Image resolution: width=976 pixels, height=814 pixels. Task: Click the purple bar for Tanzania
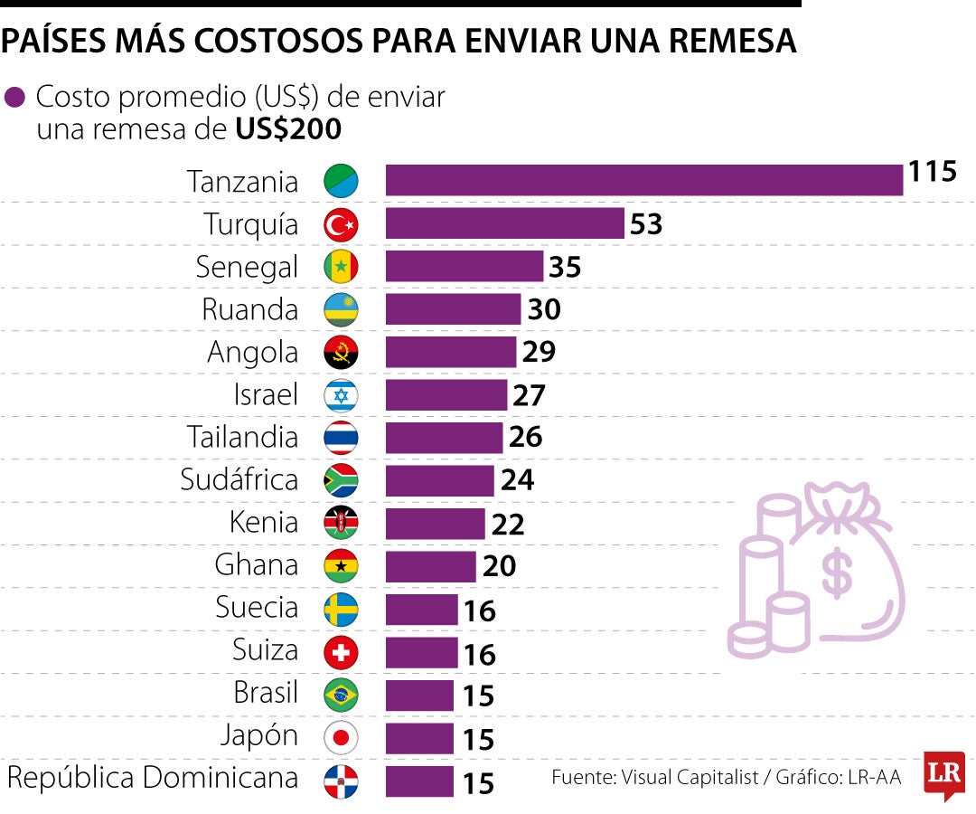[643, 180]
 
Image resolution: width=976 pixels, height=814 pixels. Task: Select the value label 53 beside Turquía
[646, 223]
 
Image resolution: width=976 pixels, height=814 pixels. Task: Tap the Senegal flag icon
[341, 266]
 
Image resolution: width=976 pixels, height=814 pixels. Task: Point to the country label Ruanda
[249, 309]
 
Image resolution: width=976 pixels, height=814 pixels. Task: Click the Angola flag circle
[341, 353]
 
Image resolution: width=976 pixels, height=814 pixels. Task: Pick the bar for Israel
[446, 395]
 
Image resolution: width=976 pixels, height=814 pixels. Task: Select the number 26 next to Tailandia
[525, 438]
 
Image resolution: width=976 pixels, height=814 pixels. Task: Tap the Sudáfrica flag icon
[341, 480]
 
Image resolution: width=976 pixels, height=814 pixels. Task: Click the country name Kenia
[264, 523]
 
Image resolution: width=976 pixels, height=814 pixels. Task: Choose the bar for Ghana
[430, 566]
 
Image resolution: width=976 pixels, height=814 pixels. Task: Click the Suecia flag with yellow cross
[341, 609]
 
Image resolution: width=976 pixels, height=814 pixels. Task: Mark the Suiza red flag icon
[341, 651]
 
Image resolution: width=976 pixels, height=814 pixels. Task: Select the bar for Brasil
[419, 695]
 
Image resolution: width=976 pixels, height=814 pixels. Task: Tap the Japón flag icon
[341, 737]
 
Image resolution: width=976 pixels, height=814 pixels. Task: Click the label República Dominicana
[152, 778]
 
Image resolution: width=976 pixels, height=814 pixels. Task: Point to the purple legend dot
[15, 98]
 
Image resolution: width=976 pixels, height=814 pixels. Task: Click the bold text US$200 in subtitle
[288, 129]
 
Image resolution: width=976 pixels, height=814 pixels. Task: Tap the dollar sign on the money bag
[835, 573]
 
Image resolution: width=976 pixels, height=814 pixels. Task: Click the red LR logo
[943, 773]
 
